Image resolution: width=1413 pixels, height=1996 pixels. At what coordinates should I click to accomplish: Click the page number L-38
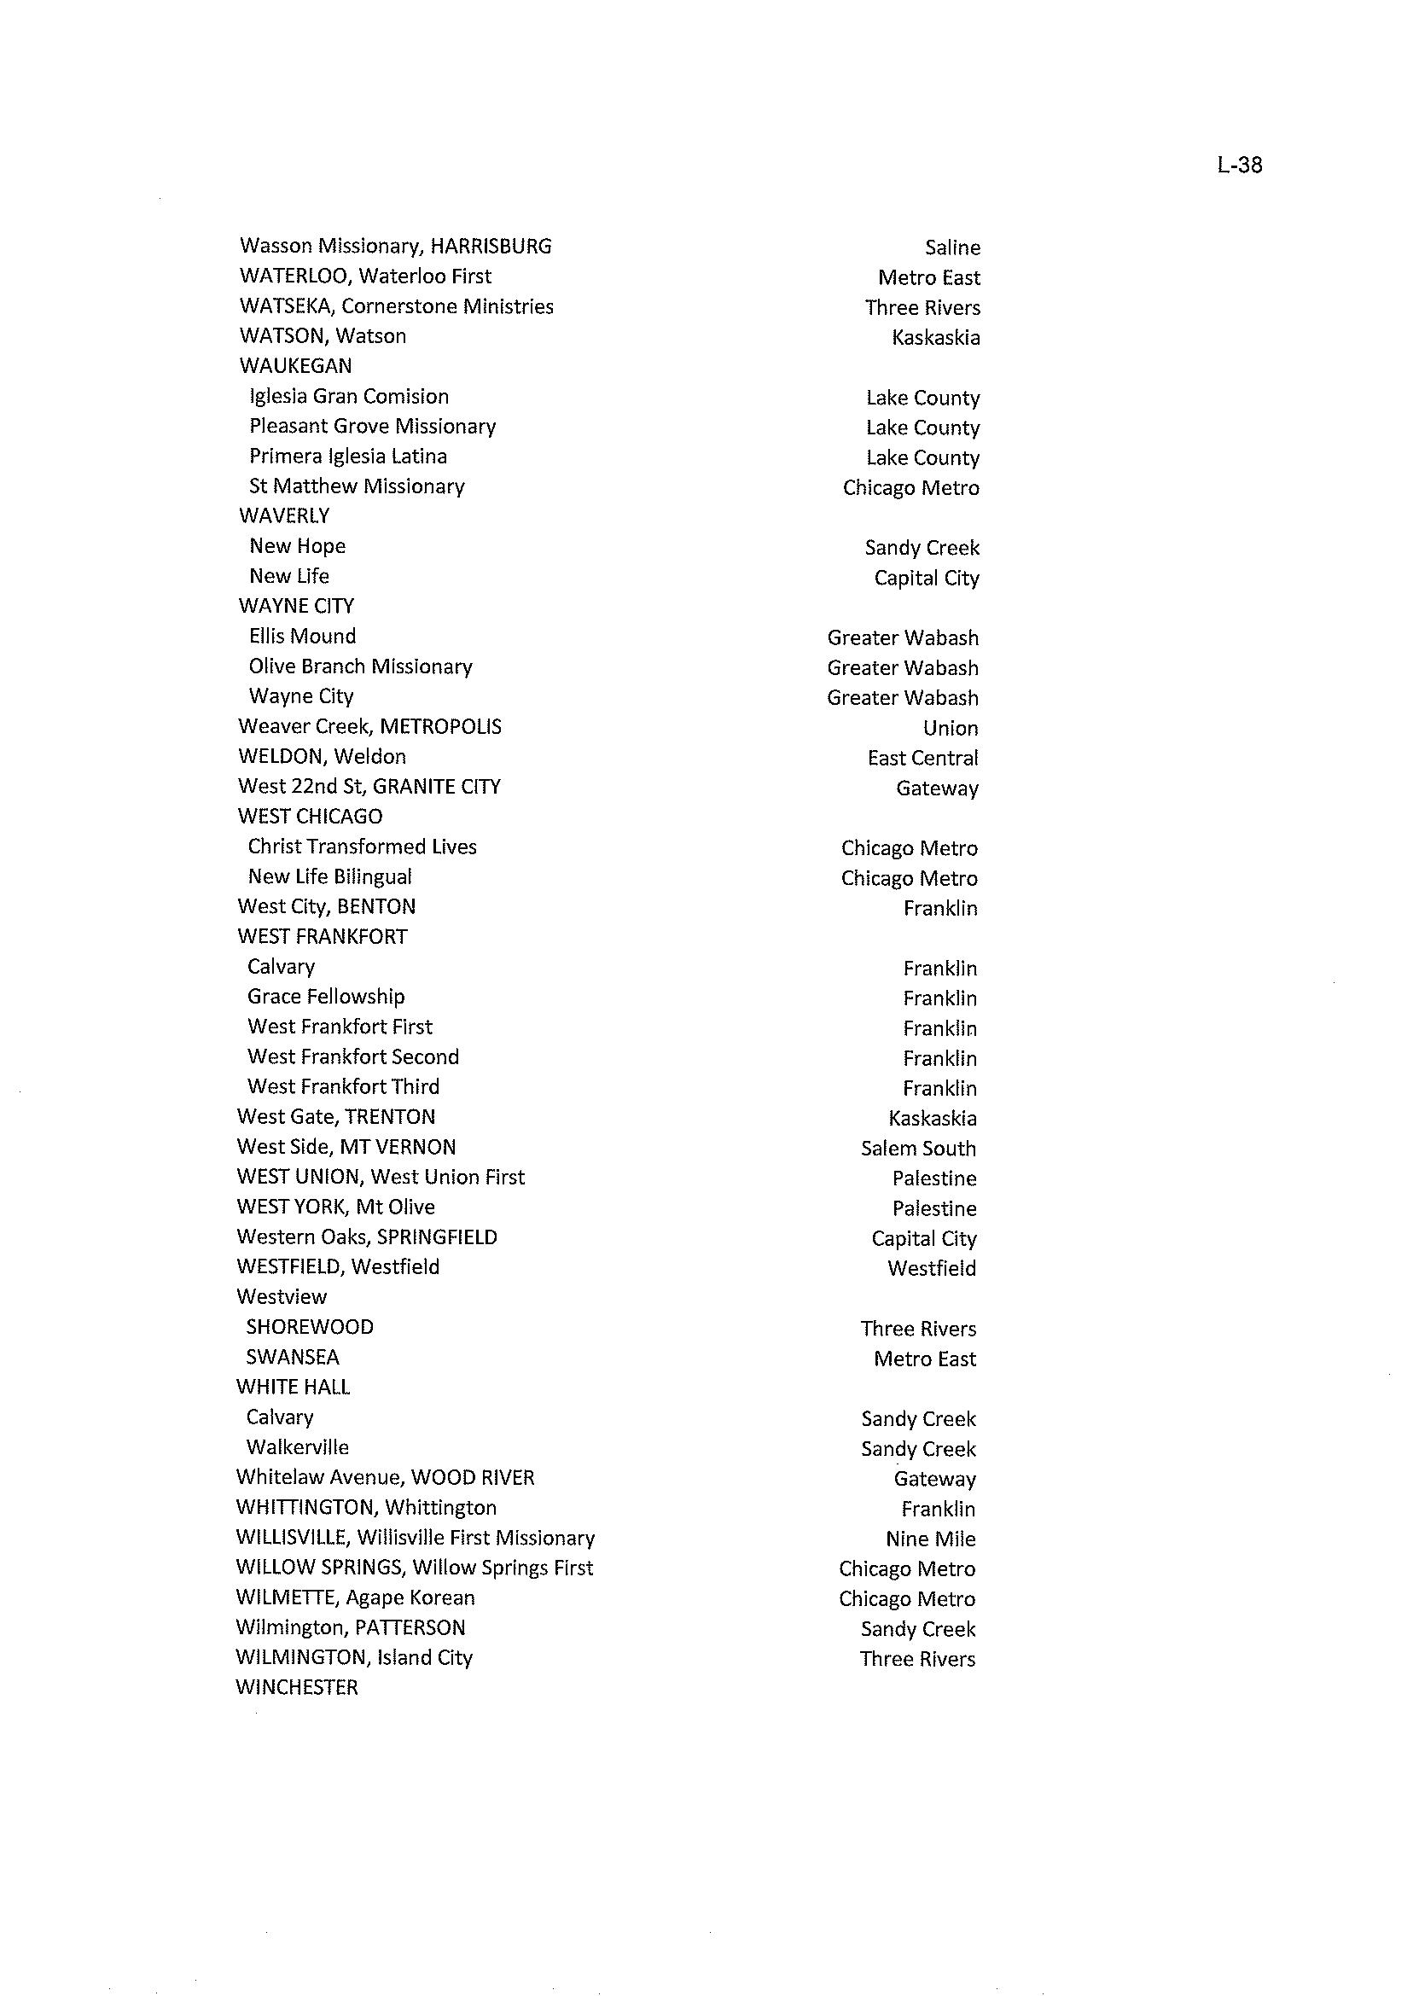coord(1239,166)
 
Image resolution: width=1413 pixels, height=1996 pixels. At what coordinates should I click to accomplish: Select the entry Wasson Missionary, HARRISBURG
coord(395,247)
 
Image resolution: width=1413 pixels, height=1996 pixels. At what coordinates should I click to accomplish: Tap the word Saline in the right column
coord(952,248)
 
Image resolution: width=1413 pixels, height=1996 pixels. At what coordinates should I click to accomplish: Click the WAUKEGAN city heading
coord(295,366)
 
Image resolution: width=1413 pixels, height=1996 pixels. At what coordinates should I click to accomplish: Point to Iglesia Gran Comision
coord(349,397)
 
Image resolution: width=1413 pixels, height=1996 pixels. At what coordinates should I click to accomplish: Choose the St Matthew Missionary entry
coord(357,486)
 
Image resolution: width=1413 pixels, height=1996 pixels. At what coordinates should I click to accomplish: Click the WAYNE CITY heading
coord(296,606)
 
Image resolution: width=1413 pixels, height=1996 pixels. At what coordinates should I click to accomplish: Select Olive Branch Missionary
coord(360,666)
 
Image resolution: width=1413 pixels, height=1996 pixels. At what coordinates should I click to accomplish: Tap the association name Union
coord(951,728)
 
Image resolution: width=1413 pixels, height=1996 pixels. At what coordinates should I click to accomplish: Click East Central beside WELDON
coord(922,759)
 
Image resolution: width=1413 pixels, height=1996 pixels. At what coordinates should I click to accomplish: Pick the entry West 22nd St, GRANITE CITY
coord(369,787)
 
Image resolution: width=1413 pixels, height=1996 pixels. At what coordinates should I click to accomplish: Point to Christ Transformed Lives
coord(362,847)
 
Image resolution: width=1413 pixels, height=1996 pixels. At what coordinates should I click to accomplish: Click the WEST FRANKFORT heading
coord(322,937)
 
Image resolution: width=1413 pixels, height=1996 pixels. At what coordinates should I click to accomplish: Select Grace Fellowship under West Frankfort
coord(325,997)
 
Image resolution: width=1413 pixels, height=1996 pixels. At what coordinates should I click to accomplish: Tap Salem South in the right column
coord(918,1149)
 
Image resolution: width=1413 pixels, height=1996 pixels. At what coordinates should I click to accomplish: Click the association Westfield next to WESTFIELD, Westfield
coord(931,1269)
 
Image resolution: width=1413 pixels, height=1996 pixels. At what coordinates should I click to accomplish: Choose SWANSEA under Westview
coord(293,1358)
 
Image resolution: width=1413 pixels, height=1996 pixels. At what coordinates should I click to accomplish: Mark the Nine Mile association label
coord(930,1539)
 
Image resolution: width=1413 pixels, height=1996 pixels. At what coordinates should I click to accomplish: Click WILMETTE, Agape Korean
coord(355,1597)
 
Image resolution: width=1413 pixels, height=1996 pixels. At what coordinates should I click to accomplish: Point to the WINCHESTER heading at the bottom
coord(297,1688)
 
